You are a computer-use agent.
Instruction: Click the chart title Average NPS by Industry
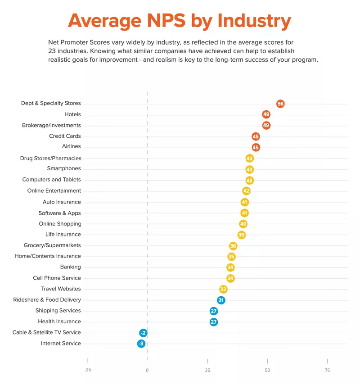[x=179, y=21]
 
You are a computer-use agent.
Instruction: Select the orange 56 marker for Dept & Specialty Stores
[x=280, y=104]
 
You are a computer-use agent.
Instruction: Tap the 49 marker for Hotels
[x=266, y=114]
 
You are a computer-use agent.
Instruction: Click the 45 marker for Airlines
[x=256, y=147]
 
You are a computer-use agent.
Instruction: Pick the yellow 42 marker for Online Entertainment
[x=246, y=191]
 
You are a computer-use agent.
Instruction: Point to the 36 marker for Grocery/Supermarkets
[x=233, y=246]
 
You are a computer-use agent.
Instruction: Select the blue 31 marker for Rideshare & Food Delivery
[x=221, y=300]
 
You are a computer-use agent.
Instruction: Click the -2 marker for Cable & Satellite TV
[x=143, y=333]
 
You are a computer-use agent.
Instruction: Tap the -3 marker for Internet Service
[x=141, y=344]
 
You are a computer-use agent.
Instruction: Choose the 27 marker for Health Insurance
[x=214, y=322]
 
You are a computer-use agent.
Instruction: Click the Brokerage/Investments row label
[x=51, y=125]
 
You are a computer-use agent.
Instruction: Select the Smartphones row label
[x=64, y=168]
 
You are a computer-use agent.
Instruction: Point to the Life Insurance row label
[x=63, y=234]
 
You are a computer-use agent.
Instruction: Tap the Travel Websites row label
[x=61, y=289]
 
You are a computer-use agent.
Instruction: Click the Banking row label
[x=70, y=267]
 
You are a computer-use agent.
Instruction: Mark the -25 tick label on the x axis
[x=87, y=370]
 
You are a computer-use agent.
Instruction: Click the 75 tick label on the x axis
[x=327, y=370]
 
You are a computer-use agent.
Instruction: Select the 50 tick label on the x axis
[x=267, y=370]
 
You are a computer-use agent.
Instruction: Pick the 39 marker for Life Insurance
[x=242, y=235]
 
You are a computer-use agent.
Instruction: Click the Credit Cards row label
[x=65, y=136]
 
